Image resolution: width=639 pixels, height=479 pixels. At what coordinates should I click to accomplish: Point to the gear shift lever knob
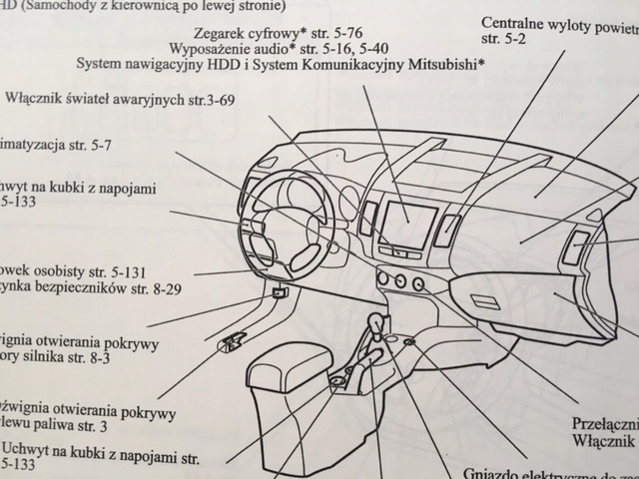click(377, 324)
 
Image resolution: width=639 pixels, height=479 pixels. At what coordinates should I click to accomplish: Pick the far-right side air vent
click(576, 245)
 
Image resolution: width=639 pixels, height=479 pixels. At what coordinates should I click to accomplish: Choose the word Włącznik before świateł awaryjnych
click(39, 100)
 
